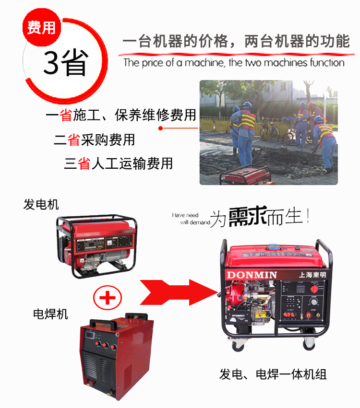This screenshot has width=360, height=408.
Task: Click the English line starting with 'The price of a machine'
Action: [x=234, y=63]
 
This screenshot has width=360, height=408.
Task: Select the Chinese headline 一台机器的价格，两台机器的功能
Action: [x=236, y=42]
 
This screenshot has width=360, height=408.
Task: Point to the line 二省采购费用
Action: [x=94, y=140]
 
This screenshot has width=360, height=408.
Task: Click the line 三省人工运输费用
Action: [x=118, y=163]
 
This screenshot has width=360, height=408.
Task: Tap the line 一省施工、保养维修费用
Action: [x=121, y=116]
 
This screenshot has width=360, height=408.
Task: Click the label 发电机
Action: [x=41, y=205]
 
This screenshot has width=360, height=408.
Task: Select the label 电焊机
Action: [x=50, y=314]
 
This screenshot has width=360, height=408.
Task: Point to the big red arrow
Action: [x=177, y=291]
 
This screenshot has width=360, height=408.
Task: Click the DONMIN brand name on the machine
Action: [x=252, y=274]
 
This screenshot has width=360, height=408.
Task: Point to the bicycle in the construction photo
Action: [x=269, y=129]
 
